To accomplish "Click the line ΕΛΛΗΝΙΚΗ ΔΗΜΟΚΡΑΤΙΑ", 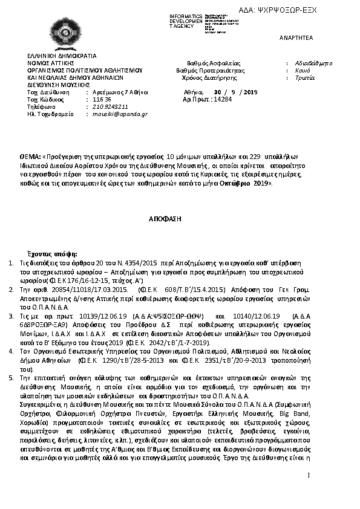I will tap(57, 55).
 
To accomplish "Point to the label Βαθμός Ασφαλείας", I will tap(214, 63).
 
